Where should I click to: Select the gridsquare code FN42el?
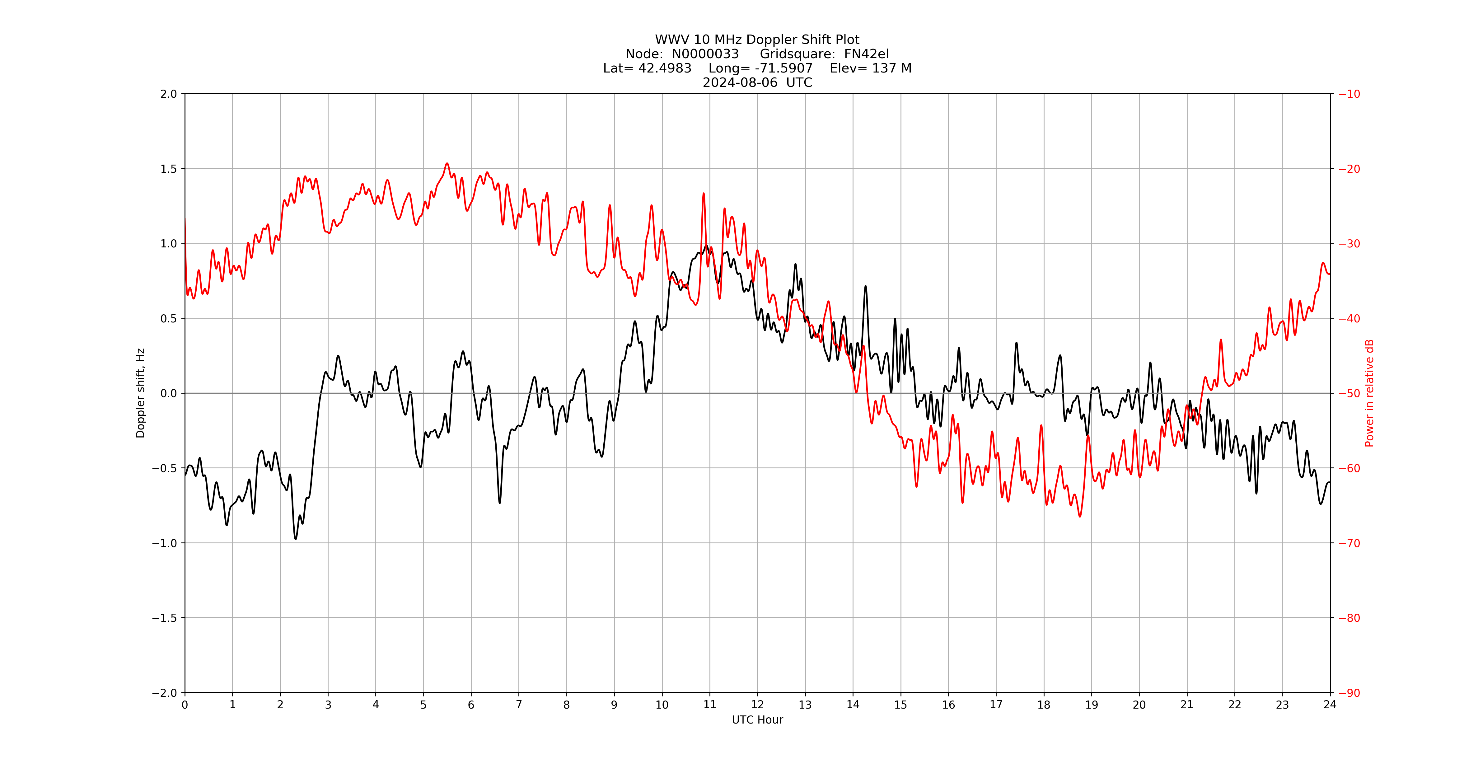click(866, 54)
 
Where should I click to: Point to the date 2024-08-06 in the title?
click(740, 82)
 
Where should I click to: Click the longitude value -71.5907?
click(784, 68)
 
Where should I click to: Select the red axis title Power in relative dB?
click(1369, 393)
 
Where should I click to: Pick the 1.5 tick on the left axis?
click(169, 169)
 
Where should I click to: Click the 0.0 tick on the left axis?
click(169, 393)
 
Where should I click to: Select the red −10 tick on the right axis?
click(1349, 94)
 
